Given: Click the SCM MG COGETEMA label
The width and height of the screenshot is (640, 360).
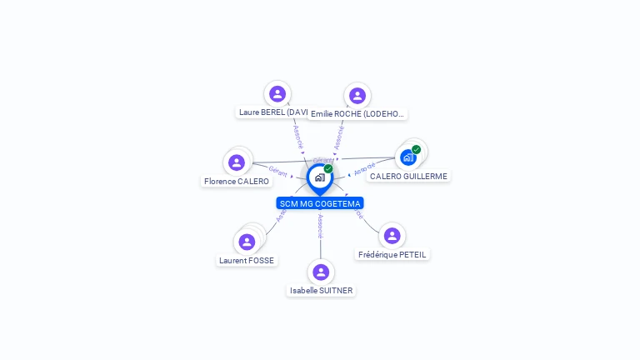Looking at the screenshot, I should (320, 203).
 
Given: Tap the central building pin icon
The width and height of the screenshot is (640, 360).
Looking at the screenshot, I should (319, 177).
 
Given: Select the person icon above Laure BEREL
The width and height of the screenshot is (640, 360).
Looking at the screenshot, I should (277, 94).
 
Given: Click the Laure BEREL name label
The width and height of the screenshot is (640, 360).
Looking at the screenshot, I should (274, 112).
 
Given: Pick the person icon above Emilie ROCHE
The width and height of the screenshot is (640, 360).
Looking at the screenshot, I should (357, 96).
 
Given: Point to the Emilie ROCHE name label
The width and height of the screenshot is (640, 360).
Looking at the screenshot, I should (357, 114).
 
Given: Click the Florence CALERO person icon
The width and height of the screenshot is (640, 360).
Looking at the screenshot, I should (237, 162).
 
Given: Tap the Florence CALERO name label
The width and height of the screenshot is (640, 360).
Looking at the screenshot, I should (237, 182).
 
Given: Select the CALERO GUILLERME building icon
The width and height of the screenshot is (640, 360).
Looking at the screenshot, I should (407, 157).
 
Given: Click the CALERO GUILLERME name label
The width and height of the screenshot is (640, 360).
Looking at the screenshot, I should (408, 177).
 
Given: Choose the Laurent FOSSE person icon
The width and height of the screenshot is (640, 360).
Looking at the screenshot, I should (247, 242).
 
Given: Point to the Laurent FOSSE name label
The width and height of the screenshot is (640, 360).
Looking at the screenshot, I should (247, 261).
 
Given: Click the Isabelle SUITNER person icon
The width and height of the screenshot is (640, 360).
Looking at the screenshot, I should (321, 272).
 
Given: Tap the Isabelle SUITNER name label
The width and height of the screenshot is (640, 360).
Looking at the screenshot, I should (321, 291).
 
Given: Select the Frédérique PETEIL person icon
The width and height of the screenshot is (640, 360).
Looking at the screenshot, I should (392, 236).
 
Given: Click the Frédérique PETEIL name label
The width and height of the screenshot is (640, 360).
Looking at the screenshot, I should (392, 254).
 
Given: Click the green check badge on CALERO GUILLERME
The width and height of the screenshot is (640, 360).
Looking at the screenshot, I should (416, 150).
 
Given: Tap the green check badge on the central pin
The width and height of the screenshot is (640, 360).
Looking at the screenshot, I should (328, 169).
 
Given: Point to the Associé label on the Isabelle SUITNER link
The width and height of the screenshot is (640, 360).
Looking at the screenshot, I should (320, 226).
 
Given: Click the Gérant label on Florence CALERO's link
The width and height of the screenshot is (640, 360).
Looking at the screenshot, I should (278, 172).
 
